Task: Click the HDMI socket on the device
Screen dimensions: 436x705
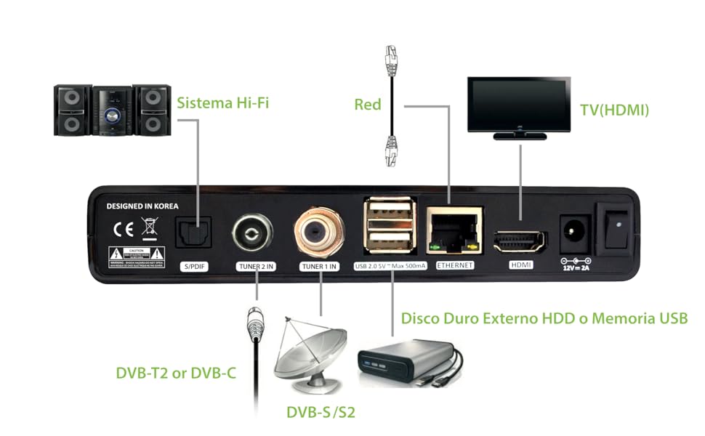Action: tap(520, 240)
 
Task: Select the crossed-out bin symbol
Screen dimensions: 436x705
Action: tap(149, 230)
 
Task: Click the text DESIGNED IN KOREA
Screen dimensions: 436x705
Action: tap(142, 206)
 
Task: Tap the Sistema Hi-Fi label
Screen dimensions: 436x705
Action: tap(222, 102)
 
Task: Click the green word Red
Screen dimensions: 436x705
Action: tap(368, 105)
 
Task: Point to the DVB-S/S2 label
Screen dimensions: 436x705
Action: tap(321, 413)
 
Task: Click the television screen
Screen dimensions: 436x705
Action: tap(517, 104)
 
